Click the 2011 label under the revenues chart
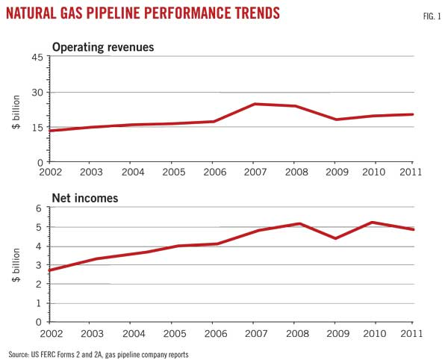[411, 172]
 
